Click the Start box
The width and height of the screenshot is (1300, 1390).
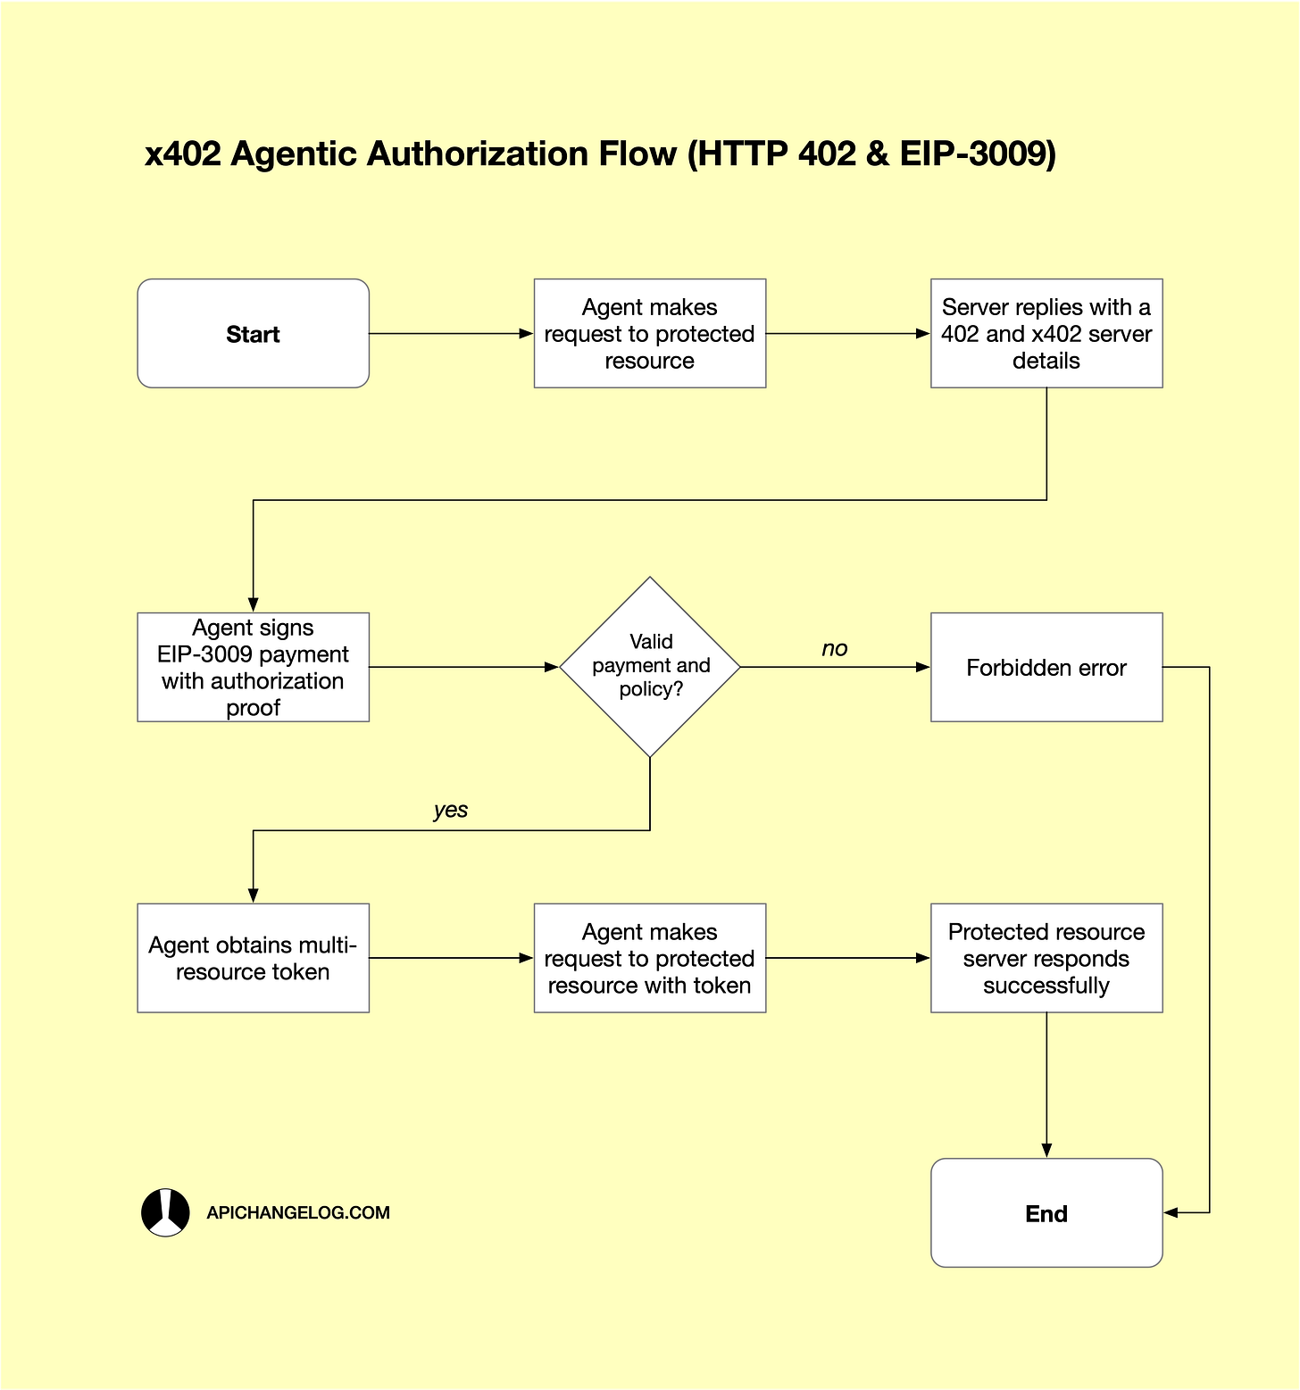point(253,334)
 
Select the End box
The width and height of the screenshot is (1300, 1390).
point(1046,1213)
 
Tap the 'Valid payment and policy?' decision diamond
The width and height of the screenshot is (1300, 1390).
point(650,666)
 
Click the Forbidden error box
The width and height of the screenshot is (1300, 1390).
point(1046,667)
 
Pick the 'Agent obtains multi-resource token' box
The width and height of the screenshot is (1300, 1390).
point(253,958)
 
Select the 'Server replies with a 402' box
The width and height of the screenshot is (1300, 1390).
point(1046,334)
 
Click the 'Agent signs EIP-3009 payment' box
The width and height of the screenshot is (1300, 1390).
point(253,667)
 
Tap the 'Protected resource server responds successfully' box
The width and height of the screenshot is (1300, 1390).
point(1046,958)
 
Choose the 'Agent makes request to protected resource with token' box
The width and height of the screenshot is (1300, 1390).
point(649,958)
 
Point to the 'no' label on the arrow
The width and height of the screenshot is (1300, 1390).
point(834,649)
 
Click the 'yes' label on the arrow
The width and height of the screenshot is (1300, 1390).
point(450,810)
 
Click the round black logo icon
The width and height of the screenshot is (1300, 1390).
point(165,1212)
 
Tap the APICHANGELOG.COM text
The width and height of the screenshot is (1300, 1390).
point(298,1212)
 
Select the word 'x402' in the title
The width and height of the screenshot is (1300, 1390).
point(182,154)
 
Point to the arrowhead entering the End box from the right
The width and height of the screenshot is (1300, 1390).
point(1171,1212)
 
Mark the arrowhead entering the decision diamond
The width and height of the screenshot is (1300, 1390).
point(552,667)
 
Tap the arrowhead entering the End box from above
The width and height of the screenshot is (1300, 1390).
point(1046,1151)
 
